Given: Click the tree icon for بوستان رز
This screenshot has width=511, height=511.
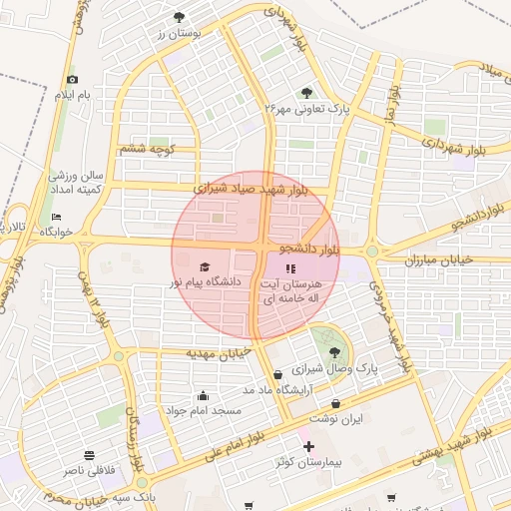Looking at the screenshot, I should tap(179, 17).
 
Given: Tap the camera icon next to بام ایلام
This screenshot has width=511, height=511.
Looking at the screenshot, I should tap(71, 80).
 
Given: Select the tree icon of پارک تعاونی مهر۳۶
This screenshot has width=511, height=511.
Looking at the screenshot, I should tap(306, 93).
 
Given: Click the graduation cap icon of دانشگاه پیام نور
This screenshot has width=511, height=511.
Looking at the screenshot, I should tap(205, 267).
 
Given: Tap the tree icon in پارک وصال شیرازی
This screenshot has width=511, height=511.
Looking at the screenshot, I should tap(334, 351).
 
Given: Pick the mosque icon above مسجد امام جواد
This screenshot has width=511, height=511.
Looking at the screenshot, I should tap(204, 395).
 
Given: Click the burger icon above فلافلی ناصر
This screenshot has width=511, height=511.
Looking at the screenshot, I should tap(90, 455).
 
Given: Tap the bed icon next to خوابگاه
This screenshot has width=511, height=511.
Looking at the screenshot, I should tap(56, 217).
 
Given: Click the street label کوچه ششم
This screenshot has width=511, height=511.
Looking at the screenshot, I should tap(148, 149).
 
